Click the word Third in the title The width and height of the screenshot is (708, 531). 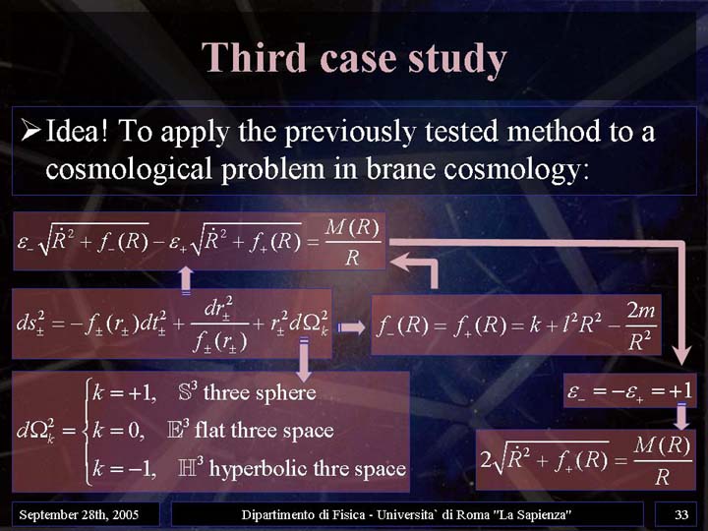255,57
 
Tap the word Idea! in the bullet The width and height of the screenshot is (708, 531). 76,131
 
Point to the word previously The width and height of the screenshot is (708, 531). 349,133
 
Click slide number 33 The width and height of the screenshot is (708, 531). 681,514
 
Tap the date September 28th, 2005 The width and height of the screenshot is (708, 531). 79,514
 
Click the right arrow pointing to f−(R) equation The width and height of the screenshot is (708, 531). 351,326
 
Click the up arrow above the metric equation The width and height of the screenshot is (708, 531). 186,280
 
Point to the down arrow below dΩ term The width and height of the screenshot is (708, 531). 304,359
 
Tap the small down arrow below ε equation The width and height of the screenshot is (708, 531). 681,416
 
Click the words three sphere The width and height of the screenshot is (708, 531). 260,392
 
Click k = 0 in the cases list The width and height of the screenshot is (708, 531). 118,431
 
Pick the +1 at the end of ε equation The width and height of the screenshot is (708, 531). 680,390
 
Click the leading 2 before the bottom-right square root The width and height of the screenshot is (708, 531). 486,460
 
